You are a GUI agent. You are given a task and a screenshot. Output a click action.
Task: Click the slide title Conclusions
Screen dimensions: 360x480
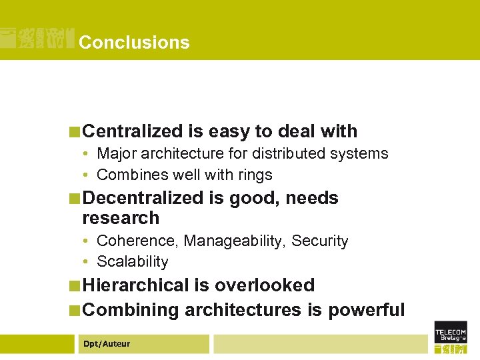(x=134, y=43)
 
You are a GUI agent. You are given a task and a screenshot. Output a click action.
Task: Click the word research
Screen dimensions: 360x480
(x=121, y=218)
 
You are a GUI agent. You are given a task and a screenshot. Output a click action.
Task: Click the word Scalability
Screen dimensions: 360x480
(x=132, y=262)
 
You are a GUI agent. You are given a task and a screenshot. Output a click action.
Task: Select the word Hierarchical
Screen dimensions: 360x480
(x=136, y=285)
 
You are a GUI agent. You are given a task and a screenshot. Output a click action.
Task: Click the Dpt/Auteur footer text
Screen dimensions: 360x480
(x=107, y=344)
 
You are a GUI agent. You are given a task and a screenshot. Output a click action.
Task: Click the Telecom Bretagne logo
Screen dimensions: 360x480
(x=450, y=336)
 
